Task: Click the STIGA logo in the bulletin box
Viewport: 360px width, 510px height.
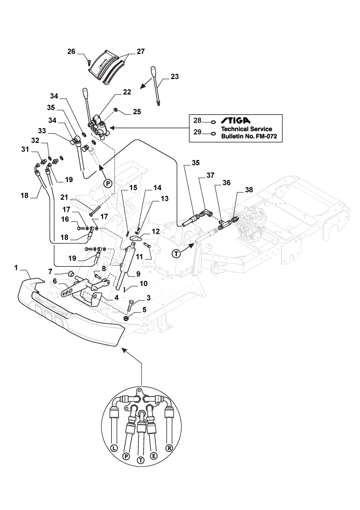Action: [236, 120]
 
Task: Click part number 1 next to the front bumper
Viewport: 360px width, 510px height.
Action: [16, 268]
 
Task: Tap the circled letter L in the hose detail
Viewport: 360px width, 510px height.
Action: [114, 448]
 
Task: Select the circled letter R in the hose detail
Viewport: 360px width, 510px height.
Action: [169, 448]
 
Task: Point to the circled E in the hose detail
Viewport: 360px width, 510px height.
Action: [154, 455]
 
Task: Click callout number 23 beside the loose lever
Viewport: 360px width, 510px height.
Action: [174, 76]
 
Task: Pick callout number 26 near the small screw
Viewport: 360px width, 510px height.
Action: [71, 52]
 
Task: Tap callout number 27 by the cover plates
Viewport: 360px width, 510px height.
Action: [141, 52]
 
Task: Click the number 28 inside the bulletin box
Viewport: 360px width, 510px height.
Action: [197, 120]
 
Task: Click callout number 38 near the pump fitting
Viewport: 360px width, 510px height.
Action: [249, 190]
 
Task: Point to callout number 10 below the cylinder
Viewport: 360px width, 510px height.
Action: [143, 284]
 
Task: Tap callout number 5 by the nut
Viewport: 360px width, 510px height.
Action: [144, 310]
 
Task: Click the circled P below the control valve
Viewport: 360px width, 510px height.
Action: [108, 184]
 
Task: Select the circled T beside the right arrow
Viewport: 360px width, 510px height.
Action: [176, 253]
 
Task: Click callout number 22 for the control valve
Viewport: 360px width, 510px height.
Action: [127, 92]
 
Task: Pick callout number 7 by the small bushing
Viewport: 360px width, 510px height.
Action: [50, 271]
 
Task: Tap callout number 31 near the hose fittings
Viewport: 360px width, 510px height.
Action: [25, 149]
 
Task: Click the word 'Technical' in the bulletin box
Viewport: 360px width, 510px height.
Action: [234, 129]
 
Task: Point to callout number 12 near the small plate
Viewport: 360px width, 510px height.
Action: [156, 232]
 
